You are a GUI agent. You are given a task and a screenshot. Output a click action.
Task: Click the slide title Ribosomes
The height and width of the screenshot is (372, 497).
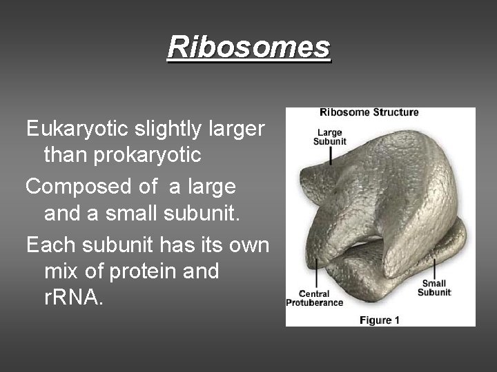(248, 48)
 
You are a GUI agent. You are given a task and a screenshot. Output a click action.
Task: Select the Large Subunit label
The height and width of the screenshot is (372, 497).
(330, 136)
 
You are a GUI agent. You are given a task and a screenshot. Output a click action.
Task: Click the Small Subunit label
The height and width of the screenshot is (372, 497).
(433, 288)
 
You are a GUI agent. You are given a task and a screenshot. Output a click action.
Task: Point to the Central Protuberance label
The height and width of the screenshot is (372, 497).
(315, 298)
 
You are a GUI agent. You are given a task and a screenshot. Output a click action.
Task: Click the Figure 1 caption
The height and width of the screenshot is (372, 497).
(380, 320)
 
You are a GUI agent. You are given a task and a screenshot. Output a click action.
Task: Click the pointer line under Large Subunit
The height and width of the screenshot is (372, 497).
(331, 155)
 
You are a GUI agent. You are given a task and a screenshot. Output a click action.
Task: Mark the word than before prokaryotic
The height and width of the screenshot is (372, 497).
(66, 155)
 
